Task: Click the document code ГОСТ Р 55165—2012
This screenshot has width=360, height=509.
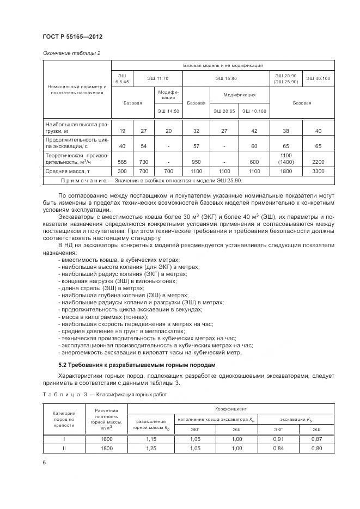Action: click(72, 36)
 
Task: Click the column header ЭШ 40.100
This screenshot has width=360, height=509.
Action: click(318, 79)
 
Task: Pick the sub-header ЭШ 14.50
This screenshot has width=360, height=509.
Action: click(168, 111)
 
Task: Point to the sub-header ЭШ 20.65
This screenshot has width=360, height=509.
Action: click(224, 111)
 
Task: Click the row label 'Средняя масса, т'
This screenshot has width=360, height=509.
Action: click(69, 171)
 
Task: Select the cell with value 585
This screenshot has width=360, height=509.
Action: click(122, 162)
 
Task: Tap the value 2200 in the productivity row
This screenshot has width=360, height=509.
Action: click(318, 162)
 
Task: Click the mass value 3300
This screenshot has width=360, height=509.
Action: click(318, 171)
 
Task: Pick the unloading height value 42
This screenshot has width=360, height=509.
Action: click(254, 131)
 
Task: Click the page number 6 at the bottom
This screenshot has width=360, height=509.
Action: click(44, 462)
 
